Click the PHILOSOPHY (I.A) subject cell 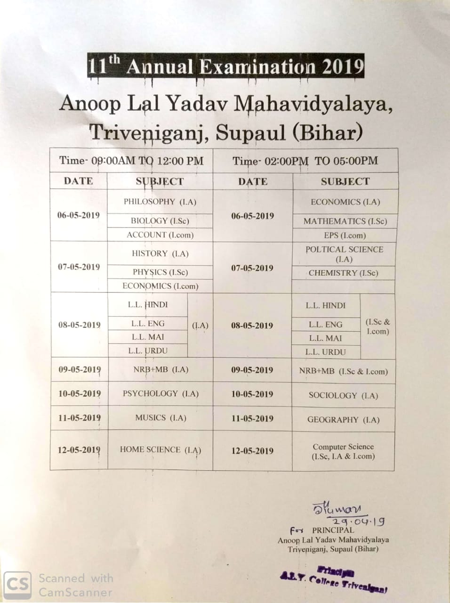coord(160,202)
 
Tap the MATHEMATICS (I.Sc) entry coord(345,221)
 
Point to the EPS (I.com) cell coord(345,236)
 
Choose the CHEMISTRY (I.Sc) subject coord(343,273)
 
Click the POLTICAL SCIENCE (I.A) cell coord(344,254)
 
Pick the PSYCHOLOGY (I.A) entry coord(161,393)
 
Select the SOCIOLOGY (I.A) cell coord(343,396)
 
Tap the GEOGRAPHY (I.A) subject coord(343,420)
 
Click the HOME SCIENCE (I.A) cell coord(161,450)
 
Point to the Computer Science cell coord(343,451)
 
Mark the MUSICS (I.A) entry coord(161,418)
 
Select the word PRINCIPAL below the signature coord(333,530)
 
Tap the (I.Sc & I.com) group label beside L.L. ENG coord(378,326)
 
